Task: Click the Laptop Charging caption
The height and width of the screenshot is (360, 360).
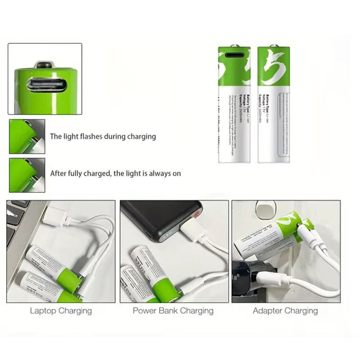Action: [61, 310]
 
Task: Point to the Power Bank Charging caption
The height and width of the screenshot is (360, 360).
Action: [173, 310]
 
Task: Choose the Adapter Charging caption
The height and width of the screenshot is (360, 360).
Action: [285, 310]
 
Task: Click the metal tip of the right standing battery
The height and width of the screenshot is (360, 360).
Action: [274, 46]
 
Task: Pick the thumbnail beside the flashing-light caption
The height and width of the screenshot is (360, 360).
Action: [27, 136]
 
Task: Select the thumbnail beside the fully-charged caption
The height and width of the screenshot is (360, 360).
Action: [27, 175]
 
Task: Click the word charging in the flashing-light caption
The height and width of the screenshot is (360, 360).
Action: [142, 136]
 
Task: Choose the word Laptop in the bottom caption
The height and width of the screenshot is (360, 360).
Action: [43, 310]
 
